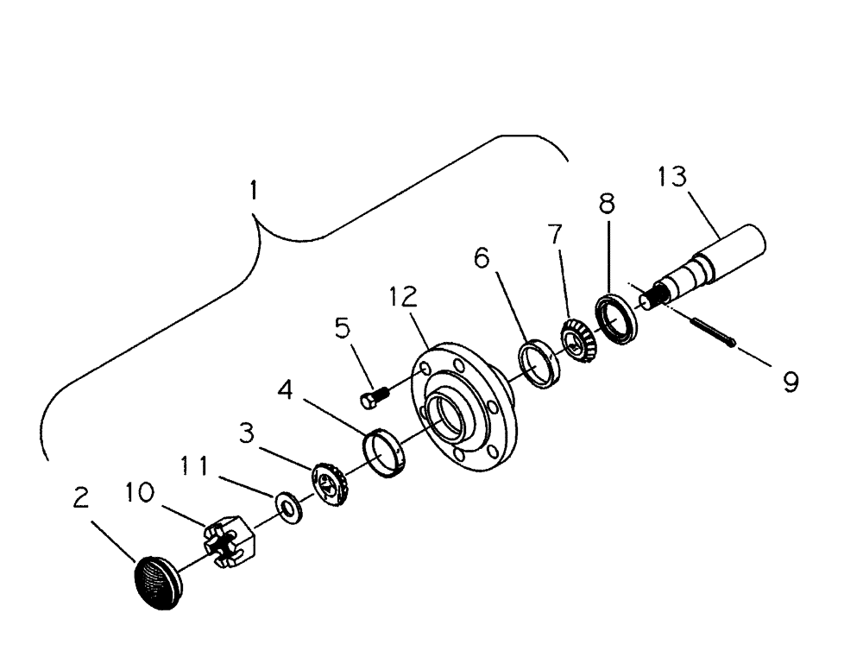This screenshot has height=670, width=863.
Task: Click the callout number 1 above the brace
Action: (252, 190)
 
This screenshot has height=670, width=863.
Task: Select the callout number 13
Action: (671, 178)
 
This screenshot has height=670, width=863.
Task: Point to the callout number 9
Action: (790, 381)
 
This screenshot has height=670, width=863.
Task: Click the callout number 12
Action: (403, 297)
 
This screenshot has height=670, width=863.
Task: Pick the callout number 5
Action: (343, 330)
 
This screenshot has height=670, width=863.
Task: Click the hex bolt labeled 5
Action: (374, 398)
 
